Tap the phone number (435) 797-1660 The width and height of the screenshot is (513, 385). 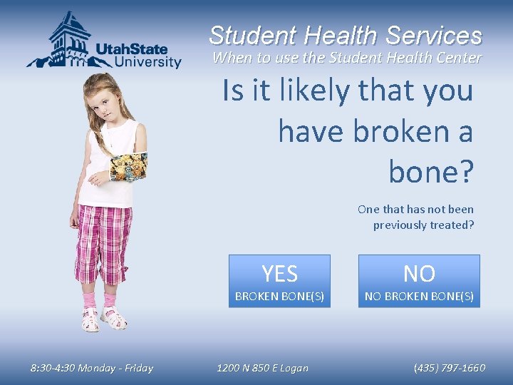click(449, 368)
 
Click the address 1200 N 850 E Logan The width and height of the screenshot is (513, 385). click(262, 368)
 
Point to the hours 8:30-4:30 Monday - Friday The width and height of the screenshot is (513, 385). click(91, 368)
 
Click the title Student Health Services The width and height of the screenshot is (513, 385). click(346, 35)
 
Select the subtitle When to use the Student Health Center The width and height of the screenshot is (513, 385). click(347, 58)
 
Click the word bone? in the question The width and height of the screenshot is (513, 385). click(430, 170)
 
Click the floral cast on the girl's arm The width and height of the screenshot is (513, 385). click(128, 166)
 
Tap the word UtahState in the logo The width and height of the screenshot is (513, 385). click(131, 49)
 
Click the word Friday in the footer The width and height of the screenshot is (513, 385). click(138, 368)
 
